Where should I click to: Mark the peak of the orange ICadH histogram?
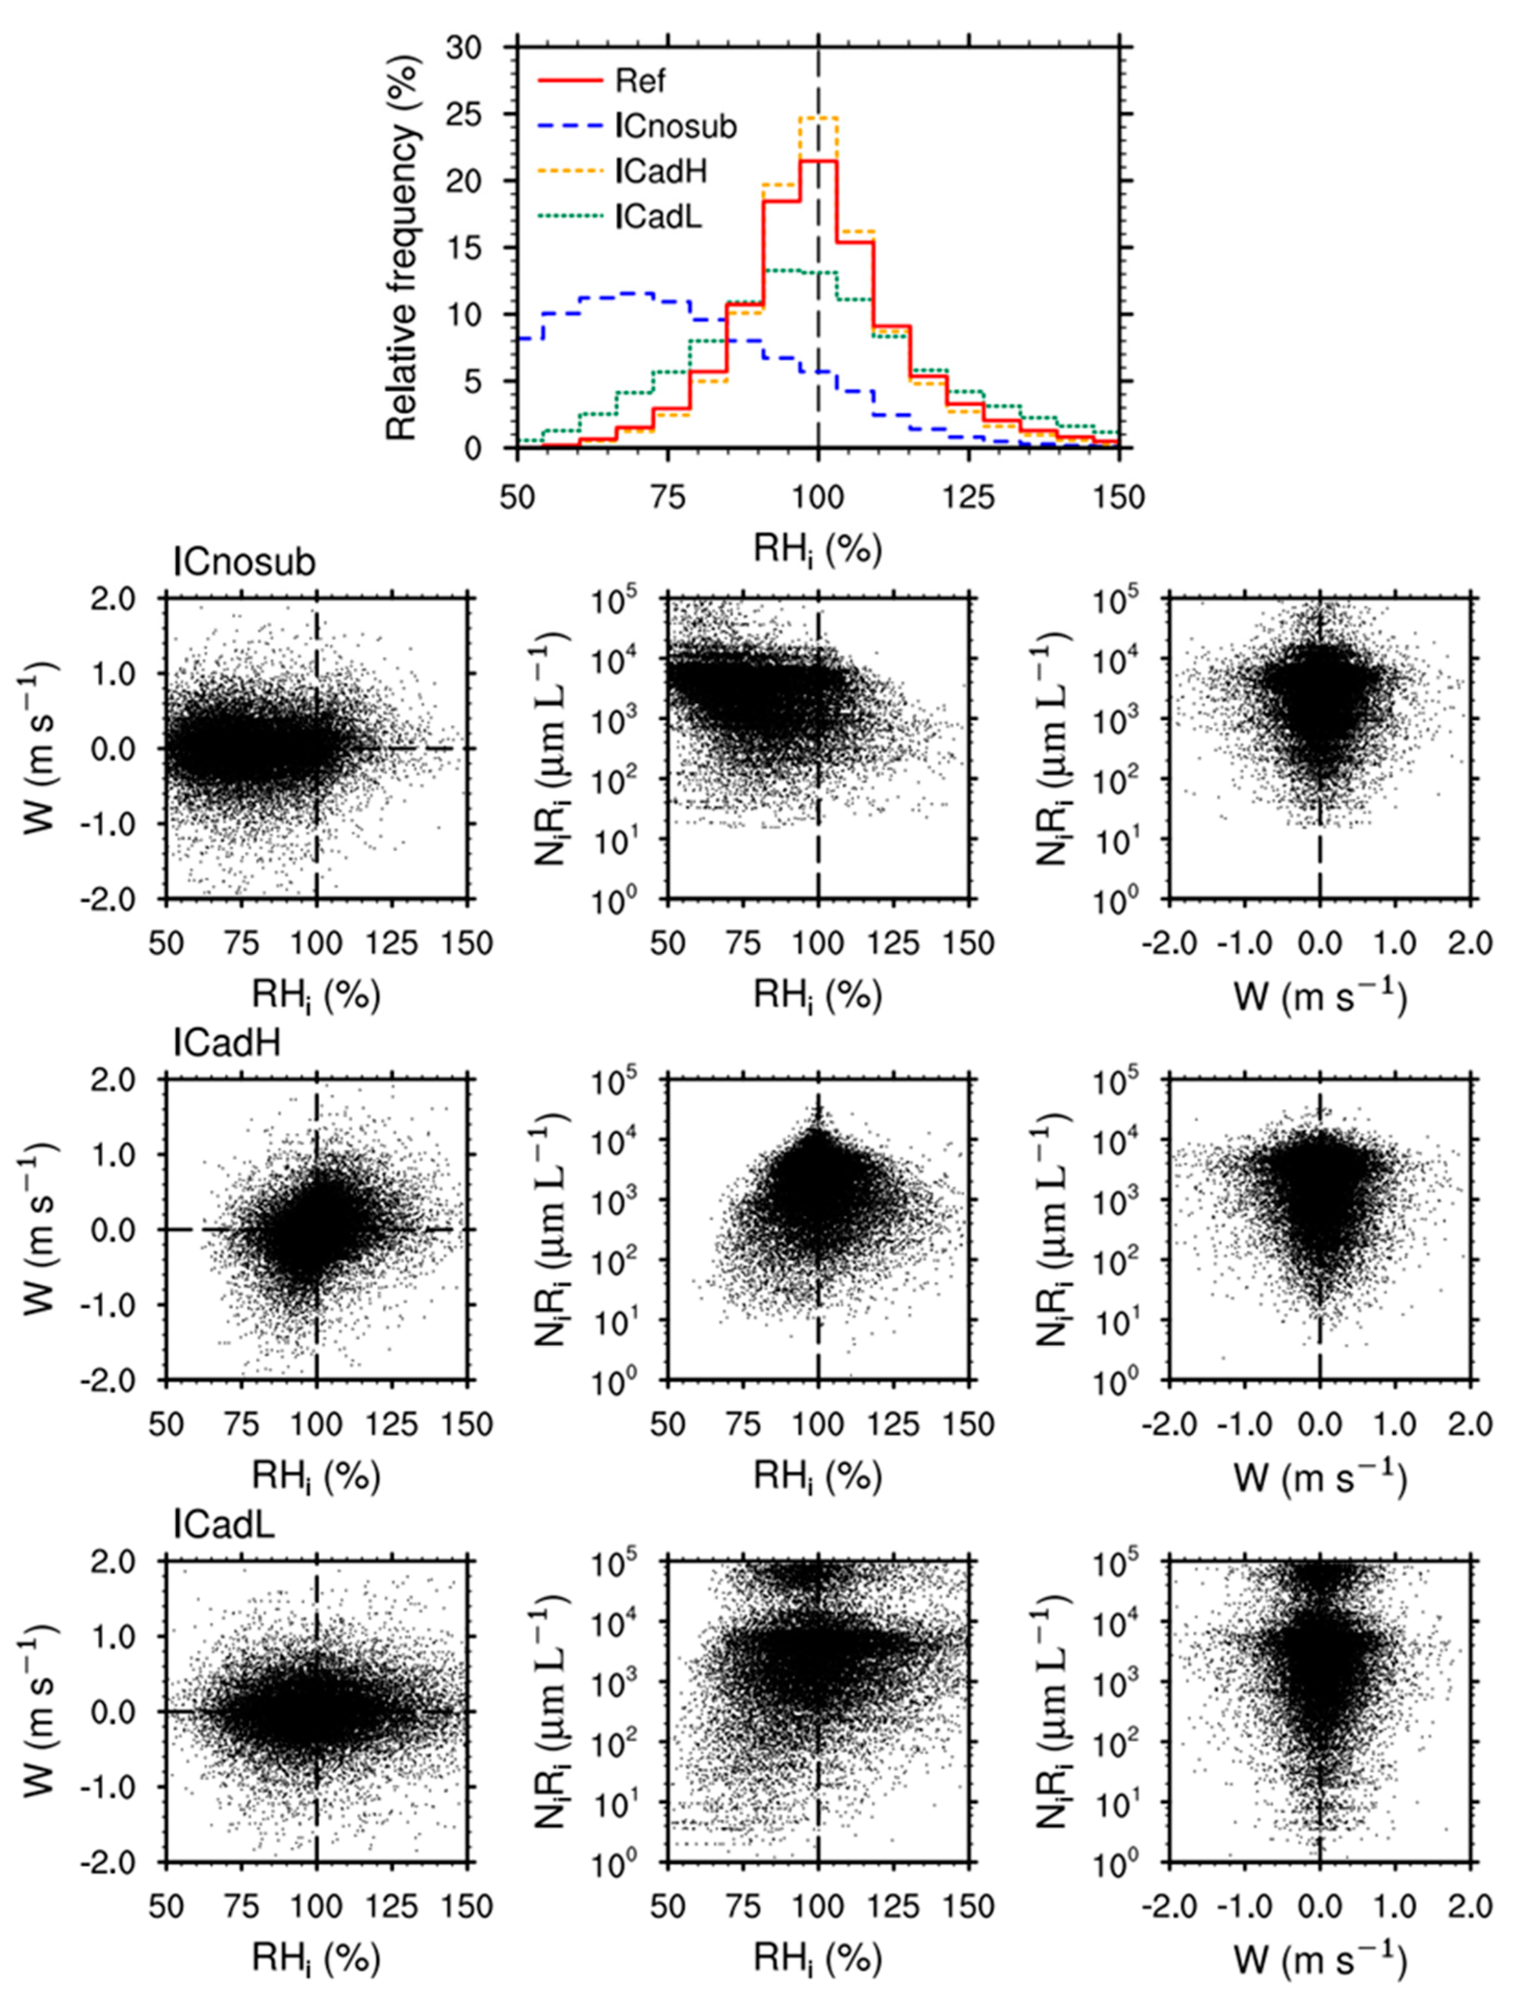(x=818, y=118)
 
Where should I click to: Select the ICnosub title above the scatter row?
(x=244, y=563)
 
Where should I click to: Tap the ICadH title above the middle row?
(x=227, y=1043)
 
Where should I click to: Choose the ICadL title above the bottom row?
(x=224, y=1524)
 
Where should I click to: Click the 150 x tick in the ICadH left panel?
(x=467, y=1424)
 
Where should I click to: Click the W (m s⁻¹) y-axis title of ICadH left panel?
(x=41, y=1229)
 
